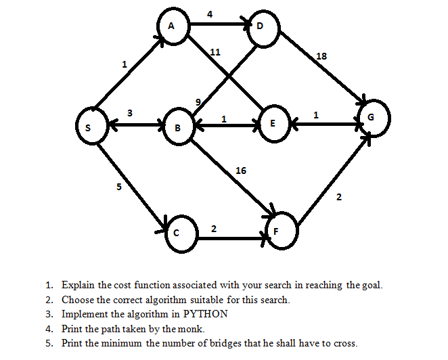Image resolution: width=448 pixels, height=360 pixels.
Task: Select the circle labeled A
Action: pyautogui.click(x=172, y=26)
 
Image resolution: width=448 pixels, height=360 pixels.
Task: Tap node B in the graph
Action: pyautogui.click(x=178, y=127)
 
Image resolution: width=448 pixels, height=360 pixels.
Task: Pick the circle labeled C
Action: pyautogui.click(x=177, y=232)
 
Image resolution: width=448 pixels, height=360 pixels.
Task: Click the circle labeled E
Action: pyautogui.click(x=272, y=125)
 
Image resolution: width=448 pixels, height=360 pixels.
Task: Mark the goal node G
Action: pyautogui.click(x=370, y=117)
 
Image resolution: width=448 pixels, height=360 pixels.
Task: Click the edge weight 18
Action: pyautogui.click(x=321, y=56)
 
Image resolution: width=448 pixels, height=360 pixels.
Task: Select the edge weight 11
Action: pyautogui.click(x=215, y=51)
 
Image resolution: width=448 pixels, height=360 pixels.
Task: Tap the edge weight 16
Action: pyautogui.click(x=241, y=170)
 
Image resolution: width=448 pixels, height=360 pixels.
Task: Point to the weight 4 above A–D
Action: pyautogui.click(x=210, y=14)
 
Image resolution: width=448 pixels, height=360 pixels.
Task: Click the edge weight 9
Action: pyautogui.click(x=198, y=102)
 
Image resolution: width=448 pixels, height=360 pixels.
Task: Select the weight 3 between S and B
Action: pyautogui.click(x=129, y=112)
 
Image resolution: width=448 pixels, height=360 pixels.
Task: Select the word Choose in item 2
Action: pyautogui.click(x=77, y=300)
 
